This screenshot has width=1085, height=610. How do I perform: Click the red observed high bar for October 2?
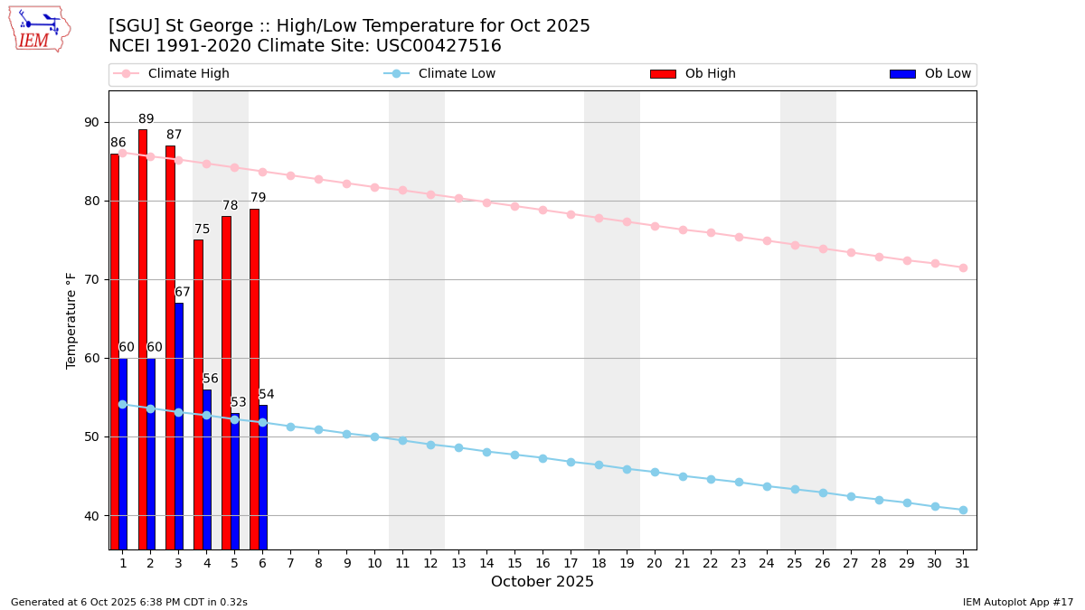pos(142,339)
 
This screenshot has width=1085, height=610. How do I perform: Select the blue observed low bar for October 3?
pos(179,425)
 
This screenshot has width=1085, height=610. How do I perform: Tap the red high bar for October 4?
pos(198,393)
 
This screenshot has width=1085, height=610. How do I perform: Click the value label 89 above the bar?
pos(146,119)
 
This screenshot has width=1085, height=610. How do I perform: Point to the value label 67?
pos(183,293)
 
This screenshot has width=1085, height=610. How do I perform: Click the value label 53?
pos(239,403)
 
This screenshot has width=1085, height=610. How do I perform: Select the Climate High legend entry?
pos(188,74)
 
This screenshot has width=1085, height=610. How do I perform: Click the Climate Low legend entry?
pos(457,74)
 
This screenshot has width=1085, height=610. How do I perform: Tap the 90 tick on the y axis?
pos(92,123)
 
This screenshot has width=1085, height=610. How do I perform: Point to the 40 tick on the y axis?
pos(92,516)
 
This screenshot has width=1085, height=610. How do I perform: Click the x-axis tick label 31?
pos(963,563)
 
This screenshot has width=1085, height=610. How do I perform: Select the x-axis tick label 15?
pos(514,563)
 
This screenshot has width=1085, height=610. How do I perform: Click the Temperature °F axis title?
pos(71,320)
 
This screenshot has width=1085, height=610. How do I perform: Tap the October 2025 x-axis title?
pos(542,582)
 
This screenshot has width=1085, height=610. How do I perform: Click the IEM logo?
pos(39,30)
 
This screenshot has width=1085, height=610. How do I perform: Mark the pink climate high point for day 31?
pos(963,267)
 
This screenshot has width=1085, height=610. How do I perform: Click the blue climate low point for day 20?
pos(655,472)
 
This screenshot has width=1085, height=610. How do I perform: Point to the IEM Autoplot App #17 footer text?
pos(1018,602)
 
